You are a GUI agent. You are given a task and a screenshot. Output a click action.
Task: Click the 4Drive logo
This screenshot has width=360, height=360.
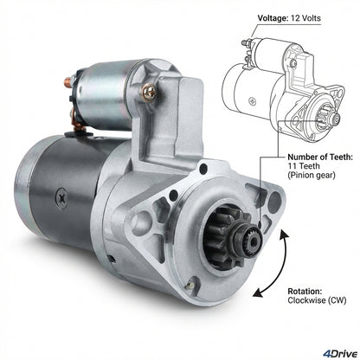[340, 353]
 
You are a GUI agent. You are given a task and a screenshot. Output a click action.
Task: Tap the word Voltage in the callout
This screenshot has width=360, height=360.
[272, 18]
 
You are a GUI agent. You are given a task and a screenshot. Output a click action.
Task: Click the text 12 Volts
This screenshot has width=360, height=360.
[305, 18]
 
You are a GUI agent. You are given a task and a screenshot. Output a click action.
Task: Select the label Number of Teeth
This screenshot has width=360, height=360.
[320, 157]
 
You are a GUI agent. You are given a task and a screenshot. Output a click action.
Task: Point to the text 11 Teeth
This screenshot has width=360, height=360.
[304, 166]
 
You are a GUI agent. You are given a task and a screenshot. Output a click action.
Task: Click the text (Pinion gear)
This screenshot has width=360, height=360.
[312, 175]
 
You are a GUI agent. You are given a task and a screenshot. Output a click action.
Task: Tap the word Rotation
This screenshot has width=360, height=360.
[305, 291]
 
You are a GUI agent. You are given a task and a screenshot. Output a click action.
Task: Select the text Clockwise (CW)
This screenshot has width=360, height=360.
[317, 300]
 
